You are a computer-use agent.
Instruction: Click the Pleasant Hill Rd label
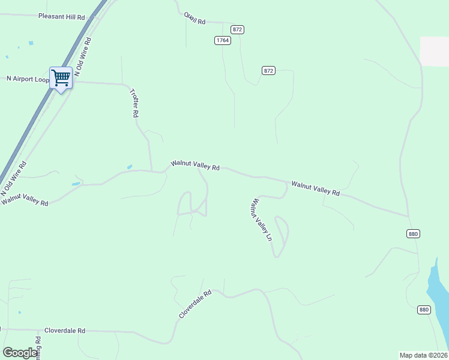coord(61,17)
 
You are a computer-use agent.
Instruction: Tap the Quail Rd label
coord(195,18)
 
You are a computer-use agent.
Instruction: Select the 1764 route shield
coord(223,40)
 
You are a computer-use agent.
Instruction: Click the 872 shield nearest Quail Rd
coord(238,29)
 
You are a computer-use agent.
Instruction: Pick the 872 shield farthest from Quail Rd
coord(268,71)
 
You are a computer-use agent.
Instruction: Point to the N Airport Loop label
coord(27,79)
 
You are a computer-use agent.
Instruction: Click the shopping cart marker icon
coord(61,77)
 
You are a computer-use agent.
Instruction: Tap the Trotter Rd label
coord(135,103)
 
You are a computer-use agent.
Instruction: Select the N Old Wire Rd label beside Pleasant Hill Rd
coord(83,59)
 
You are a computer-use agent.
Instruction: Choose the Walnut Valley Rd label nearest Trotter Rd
coord(195,165)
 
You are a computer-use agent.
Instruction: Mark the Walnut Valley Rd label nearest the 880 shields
coord(316,188)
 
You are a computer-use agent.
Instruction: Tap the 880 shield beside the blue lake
coord(424,310)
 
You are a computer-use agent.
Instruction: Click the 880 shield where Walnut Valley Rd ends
coord(412,233)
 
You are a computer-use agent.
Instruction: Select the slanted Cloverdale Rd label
coord(196,305)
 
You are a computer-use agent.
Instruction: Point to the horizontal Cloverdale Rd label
coord(65,331)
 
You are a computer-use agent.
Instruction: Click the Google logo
coord(19,353)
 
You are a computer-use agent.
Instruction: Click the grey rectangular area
coord(434,51)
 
